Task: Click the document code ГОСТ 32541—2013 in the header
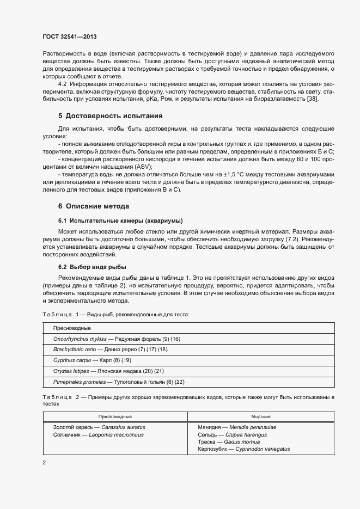pyautogui.click(x=70, y=37)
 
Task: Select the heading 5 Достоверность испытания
pyautogui.click(x=109, y=116)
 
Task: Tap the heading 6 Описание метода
pyautogui.click(x=94, y=206)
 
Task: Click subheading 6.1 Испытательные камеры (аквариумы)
pyautogui.click(x=120, y=220)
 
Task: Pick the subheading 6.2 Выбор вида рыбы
pyautogui.click(x=92, y=267)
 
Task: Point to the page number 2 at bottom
pyautogui.click(x=44, y=462)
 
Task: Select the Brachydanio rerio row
pyautogui.click(x=110, y=349)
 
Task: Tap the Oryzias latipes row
pyautogui.click(x=108, y=371)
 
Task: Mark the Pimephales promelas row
pyautogui.click(x=119, y=382)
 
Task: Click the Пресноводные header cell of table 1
pyautogui.click(x=71, y=328)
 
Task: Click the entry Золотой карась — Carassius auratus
pyautogui.click(x=99, y=427)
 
